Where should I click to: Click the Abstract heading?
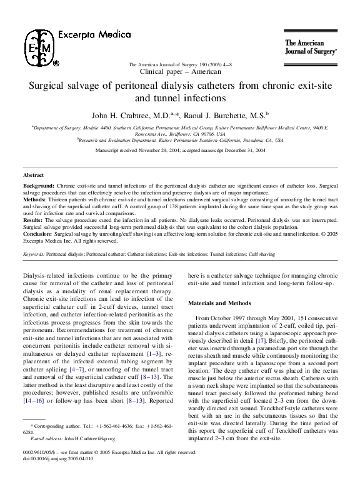point(33,176)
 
